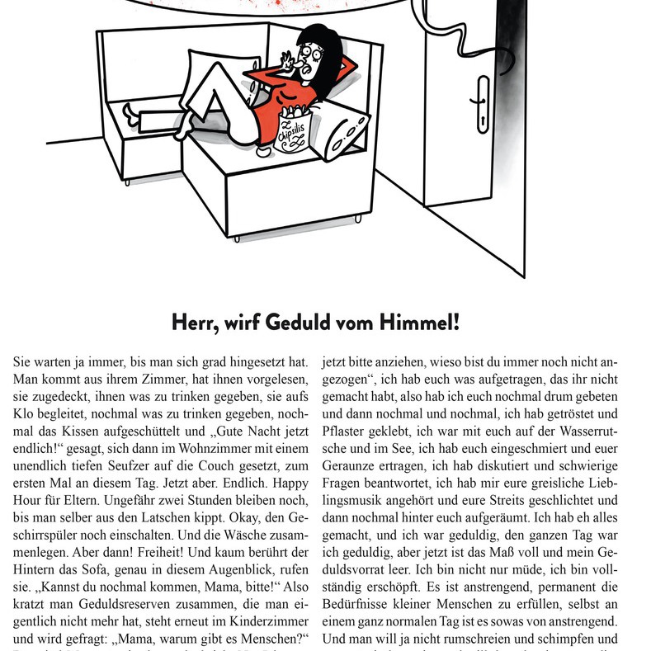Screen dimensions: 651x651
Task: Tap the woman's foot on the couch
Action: point(130,110)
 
